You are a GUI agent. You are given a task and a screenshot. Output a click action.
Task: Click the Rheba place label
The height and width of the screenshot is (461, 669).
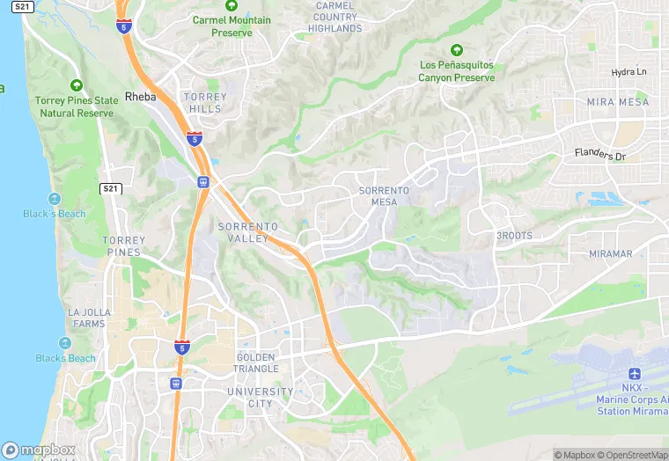(x=140, y=97)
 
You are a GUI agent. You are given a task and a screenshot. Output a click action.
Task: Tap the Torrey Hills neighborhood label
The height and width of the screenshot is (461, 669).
(x=204, y=102)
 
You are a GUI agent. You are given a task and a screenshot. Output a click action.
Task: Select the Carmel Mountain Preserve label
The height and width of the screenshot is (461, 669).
(x=232, y=26)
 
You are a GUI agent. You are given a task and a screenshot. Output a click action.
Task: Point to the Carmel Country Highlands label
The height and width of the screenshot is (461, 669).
(x=335, y=18)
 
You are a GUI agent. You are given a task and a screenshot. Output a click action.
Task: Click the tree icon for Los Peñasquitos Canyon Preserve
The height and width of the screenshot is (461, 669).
(x=456, y=50)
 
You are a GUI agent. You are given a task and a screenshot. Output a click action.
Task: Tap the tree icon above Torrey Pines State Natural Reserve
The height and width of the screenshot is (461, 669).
(x=76, y=85)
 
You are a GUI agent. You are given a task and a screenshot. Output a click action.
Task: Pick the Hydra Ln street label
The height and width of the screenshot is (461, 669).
(x=629, y=71)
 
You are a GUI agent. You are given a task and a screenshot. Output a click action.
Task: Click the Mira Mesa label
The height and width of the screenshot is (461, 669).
(x=617, y=102)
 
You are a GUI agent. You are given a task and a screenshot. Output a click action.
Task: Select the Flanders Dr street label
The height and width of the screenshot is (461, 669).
(x=599, y=155)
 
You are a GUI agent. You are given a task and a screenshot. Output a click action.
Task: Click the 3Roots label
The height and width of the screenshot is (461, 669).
(x=513, y=236)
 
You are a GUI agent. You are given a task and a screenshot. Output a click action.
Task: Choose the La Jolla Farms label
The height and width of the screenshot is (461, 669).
(x=86, y=318)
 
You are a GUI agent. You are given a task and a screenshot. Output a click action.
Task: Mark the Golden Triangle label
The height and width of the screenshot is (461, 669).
(x=255, y=363)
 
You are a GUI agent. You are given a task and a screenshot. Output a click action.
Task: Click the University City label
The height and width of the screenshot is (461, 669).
(x=260, y=397)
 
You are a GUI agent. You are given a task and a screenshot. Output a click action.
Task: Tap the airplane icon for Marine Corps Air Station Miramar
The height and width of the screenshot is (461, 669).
(x=634, y=376)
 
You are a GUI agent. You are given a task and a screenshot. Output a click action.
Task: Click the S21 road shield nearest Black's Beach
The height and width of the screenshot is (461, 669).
(x=110, y=188)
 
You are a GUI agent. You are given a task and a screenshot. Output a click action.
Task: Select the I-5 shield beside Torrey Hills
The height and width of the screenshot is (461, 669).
(x=194, y=138)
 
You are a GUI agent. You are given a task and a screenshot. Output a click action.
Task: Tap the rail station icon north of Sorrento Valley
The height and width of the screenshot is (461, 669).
(x=203, y=182)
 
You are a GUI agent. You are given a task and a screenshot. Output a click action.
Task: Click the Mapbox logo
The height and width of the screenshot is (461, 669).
(x=37, y=450)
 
